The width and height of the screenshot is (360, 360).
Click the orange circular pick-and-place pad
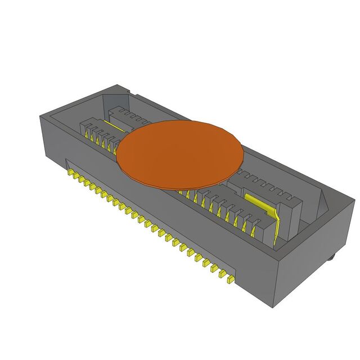(x=180, y=153)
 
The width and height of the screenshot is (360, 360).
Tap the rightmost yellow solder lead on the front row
(x=229, y=278)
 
